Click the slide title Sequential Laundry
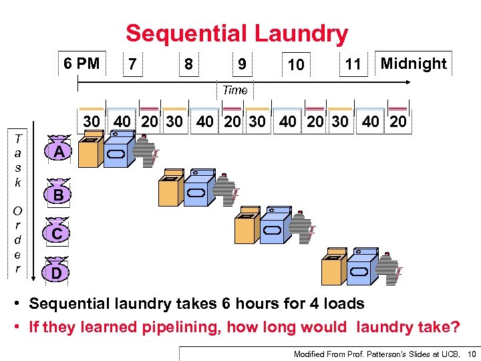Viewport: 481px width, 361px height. coord(236,33)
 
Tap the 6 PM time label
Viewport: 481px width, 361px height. coord(82,64)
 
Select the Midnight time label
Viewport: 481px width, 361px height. coord(413,64)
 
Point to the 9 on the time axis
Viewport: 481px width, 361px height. coord(242,65)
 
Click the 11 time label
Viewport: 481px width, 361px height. coord(353,65)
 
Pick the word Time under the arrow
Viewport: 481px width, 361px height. coord(234,90)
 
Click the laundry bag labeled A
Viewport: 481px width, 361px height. coord(59,152)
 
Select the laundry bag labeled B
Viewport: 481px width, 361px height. coord(59,194)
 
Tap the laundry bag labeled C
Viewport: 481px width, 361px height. coord(59,233)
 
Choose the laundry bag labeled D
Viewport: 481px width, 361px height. coord(57,271)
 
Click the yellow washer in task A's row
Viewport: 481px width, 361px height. coord(90,150)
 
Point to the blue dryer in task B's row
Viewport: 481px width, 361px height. coord(200,189)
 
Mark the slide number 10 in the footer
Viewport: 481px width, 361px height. coord(471,353)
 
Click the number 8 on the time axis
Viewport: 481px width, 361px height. coord(189,65)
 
